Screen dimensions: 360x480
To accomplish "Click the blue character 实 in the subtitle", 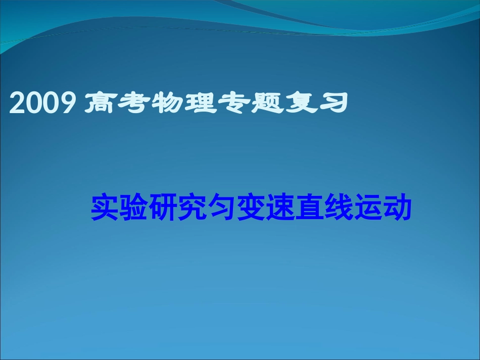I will point(105,208).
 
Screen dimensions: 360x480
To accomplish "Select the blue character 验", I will point(134,208).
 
